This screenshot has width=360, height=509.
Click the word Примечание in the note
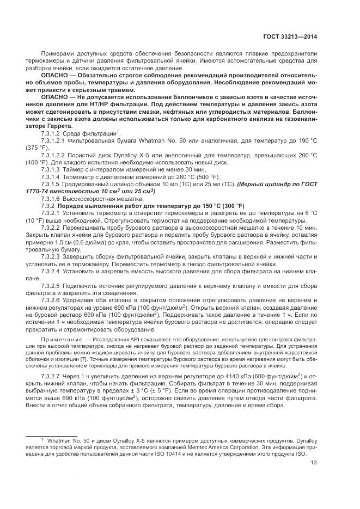pos(59,339)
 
